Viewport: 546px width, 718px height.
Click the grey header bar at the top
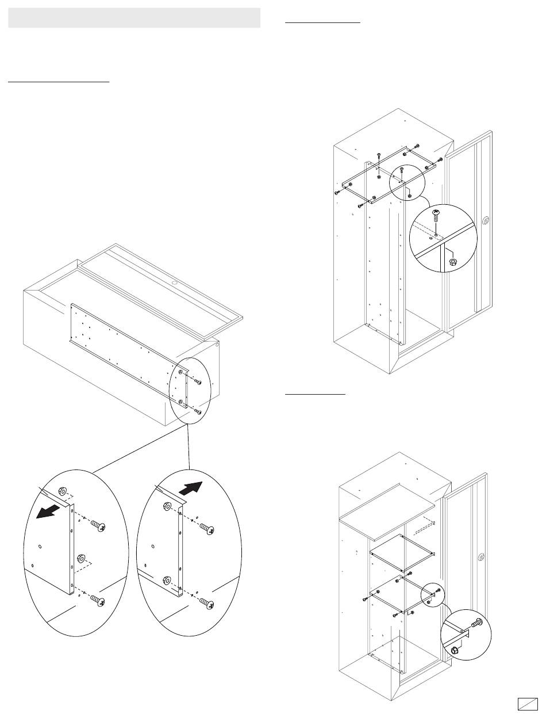[x=134, y=18]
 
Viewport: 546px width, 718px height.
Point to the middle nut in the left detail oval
[x=79, y=557]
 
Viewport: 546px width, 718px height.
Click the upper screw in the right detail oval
[x=209, y=530]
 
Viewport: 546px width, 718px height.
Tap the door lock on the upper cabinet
[x=486, y=220]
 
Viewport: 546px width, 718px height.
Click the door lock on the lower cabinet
[x=481, y=557]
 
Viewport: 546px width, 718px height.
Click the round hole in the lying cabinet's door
[x=173, y=283]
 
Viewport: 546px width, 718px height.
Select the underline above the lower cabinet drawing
[x=315, y=395]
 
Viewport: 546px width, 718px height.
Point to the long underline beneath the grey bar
[x=59, y=82]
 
